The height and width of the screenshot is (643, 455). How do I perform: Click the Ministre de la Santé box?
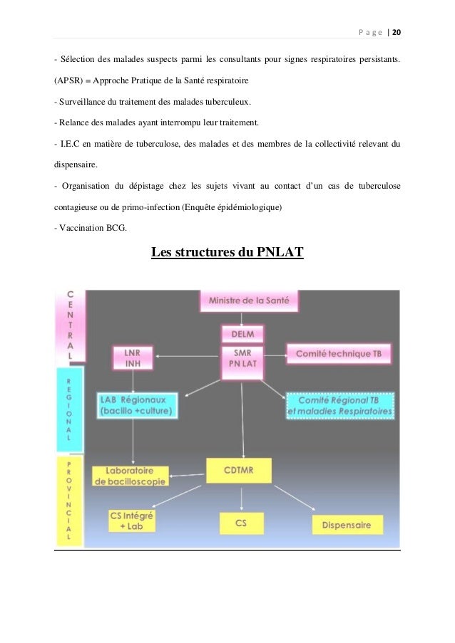(x=249, y=301)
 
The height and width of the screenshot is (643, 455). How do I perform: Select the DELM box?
(x=242, y=333)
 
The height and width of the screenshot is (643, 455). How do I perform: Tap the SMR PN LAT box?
(x=242, y=357)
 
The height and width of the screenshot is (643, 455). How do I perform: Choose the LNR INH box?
(x=133, y=357)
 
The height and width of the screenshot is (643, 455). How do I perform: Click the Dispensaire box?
(x=347, y=525)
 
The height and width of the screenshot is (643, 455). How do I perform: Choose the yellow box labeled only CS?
(x=241, y=523)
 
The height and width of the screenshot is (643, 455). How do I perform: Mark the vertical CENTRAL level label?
(x=69, y=324)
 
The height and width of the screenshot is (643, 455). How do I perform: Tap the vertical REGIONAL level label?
(x=69, y=409)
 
